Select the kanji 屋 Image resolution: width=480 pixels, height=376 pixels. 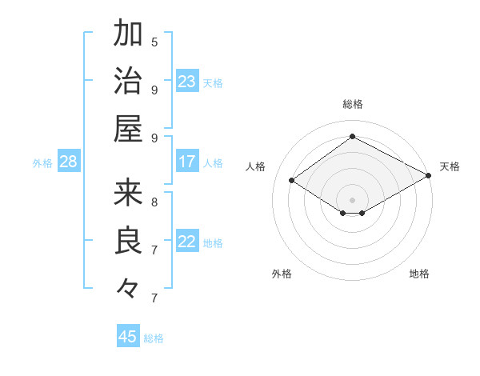tap(128, 128)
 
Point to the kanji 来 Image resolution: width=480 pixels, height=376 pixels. tap(128, 192)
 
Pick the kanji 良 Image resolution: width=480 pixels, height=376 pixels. tap(128, 240)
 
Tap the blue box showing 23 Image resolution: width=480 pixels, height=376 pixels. tap(187, 81)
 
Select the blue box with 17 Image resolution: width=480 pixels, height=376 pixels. tap(187, 162)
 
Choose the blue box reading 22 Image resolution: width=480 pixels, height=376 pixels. tap(187, 242)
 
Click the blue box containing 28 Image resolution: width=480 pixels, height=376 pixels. tap(69, 162)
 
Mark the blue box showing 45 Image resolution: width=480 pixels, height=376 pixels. tap(128, 337)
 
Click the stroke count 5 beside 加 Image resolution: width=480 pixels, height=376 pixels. tap(154, 42)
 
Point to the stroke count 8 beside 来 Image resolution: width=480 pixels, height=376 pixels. tap(154, 202)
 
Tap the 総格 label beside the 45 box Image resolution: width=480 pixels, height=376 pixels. tap(154, 338)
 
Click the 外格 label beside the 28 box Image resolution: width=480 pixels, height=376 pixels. tap(42, 162)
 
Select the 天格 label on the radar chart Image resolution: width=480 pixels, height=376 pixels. tap(450, 166)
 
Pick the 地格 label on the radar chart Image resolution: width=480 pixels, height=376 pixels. tap(419, 274)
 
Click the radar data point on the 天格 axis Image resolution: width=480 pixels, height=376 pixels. tap(429, 175)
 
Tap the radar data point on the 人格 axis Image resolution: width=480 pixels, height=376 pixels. tap(292, 181)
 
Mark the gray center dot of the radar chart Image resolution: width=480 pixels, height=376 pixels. tap(352, 199)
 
